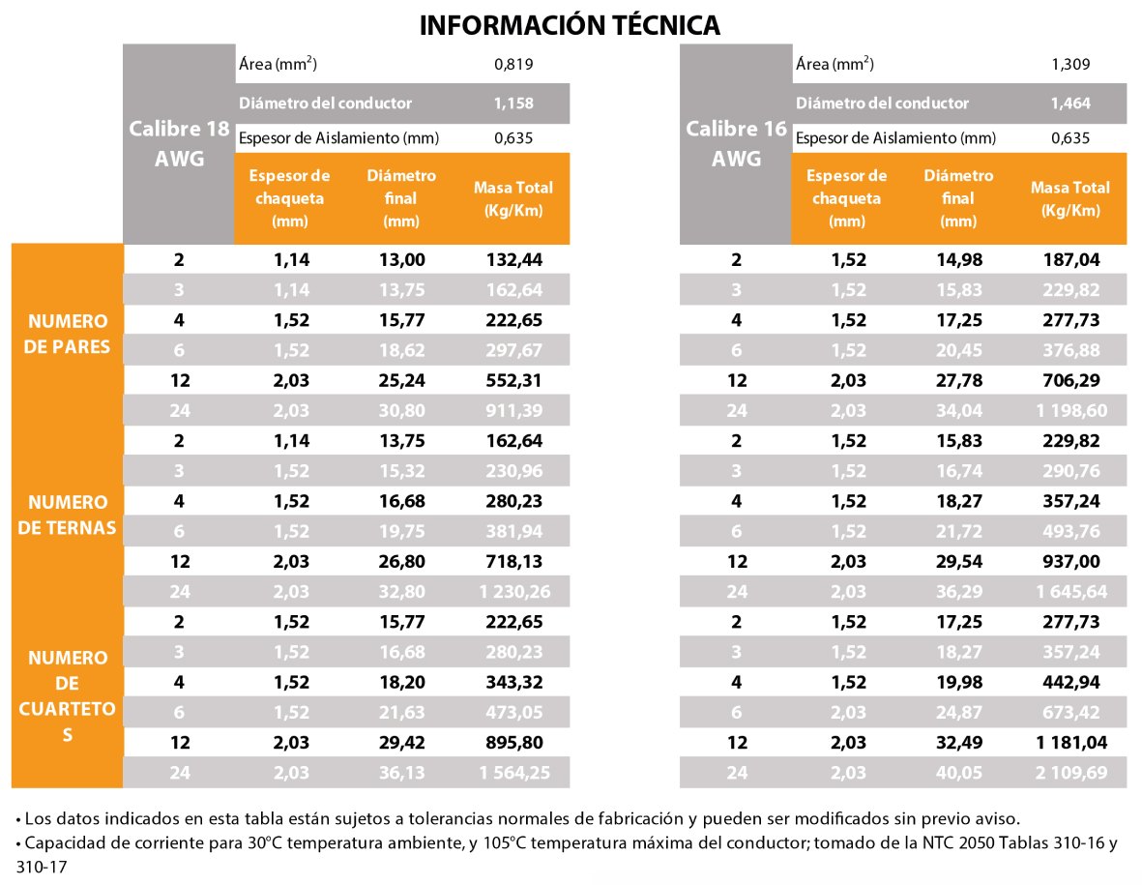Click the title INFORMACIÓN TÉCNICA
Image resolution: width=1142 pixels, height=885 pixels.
tap(570, 25)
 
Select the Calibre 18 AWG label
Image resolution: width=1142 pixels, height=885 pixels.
tap(179, 143)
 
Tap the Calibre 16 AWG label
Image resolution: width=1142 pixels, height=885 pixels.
tap(736, 143)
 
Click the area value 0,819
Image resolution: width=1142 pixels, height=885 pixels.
tap(513, 65)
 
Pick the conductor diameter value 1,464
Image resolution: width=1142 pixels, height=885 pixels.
tap(1070, 103)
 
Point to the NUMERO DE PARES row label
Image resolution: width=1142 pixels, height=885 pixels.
tap(68, 333)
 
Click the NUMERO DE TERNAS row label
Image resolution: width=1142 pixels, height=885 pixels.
tap(68, 515)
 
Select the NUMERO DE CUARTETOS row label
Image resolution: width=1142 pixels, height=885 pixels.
tap(68, 696)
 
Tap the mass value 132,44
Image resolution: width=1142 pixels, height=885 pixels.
tap(513, 260)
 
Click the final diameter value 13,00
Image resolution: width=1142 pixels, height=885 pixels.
tap(401, 260)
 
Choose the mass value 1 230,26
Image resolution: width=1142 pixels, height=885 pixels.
tap(513, 591)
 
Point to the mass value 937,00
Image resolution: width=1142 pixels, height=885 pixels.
tap(1070, 561)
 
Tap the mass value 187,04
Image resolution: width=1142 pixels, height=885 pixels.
tap(1070, 260)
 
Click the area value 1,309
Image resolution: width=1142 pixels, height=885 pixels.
tap(1070, 65)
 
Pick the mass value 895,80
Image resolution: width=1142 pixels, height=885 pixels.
tap(513, 743)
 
